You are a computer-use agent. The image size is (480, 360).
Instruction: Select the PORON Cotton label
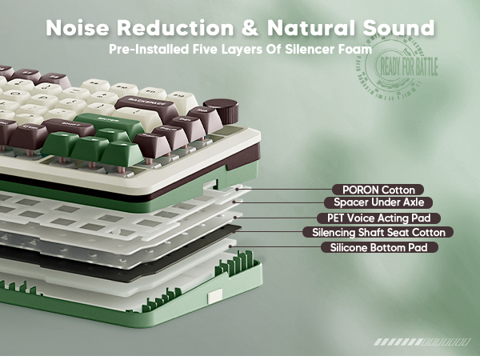point(378,190)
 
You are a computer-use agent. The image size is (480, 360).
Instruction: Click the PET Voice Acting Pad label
point(378,218)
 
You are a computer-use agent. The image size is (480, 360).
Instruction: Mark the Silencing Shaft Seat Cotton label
point(378,232)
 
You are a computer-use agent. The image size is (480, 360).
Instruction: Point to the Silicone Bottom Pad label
point(384,247)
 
